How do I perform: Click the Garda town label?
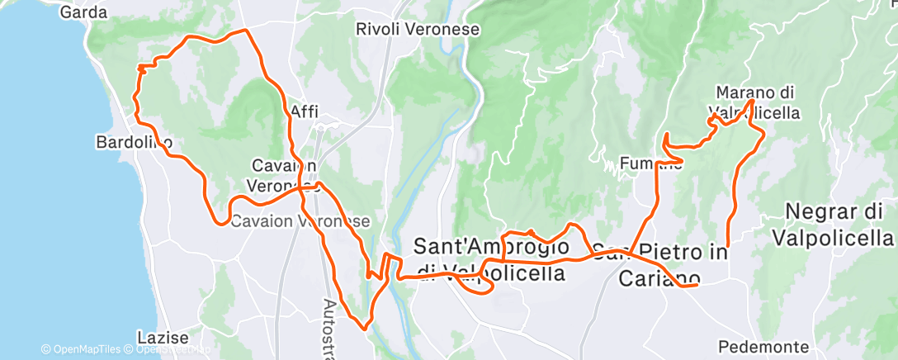[x=84, y=12]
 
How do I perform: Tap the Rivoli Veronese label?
[x=417, y=29]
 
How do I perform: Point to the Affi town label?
[x=305, y=112]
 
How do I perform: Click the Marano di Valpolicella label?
[x=754, y=102]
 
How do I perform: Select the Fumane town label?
[x=651, y=163]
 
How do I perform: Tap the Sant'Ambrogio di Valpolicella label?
[x=492, y=259]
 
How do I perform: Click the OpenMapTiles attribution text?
[x=82, y=349]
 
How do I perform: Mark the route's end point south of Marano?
[x=727, y=245]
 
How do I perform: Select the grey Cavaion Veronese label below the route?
[x=300, y=221]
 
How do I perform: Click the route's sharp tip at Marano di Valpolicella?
[x=751, y=101]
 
